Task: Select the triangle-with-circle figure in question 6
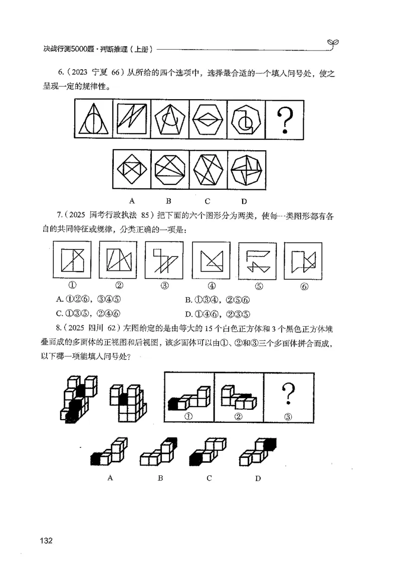tap(94, 122)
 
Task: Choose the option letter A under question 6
tap(132, 201)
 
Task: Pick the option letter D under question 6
tap(244, 201)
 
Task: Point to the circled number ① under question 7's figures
tap(72, 286)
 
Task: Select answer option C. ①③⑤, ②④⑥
tap(89, 314)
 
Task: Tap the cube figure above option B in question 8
tap(158, 452)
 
